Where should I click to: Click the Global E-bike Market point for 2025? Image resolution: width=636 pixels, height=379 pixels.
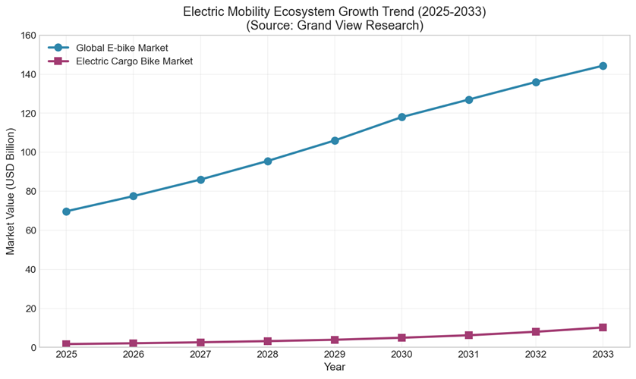pos(66,211)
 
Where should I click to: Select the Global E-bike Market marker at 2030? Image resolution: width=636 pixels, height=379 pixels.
pos(401,117)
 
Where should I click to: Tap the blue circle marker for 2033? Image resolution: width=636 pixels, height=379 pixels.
pos(603,66)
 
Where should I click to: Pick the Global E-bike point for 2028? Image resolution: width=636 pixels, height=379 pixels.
pos(268,161)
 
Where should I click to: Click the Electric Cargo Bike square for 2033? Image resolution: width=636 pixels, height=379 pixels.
pos(603,327)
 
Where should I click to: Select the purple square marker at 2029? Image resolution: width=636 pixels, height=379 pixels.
pos(335,340)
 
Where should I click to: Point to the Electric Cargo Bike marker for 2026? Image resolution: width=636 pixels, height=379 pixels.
pos(134,343)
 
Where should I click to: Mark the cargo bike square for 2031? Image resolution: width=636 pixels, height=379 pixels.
pos(469,335)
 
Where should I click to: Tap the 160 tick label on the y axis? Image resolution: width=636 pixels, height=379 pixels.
pos(28,35)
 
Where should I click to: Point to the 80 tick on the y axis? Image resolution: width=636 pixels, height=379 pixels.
pos(30,191)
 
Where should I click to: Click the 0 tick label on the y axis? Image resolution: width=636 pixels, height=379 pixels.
pos(33,347)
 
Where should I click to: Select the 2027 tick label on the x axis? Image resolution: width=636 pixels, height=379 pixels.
pos(200,355)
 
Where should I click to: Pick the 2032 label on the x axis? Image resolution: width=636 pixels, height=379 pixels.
pos(536,355)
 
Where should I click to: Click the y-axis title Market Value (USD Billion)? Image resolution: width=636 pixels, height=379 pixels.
pos(11,191)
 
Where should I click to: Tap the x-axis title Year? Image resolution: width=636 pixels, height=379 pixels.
pos(335,367)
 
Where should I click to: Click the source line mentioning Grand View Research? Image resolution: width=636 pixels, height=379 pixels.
pos(335,25)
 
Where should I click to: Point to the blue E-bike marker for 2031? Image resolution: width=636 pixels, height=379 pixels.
pos(469,99)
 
